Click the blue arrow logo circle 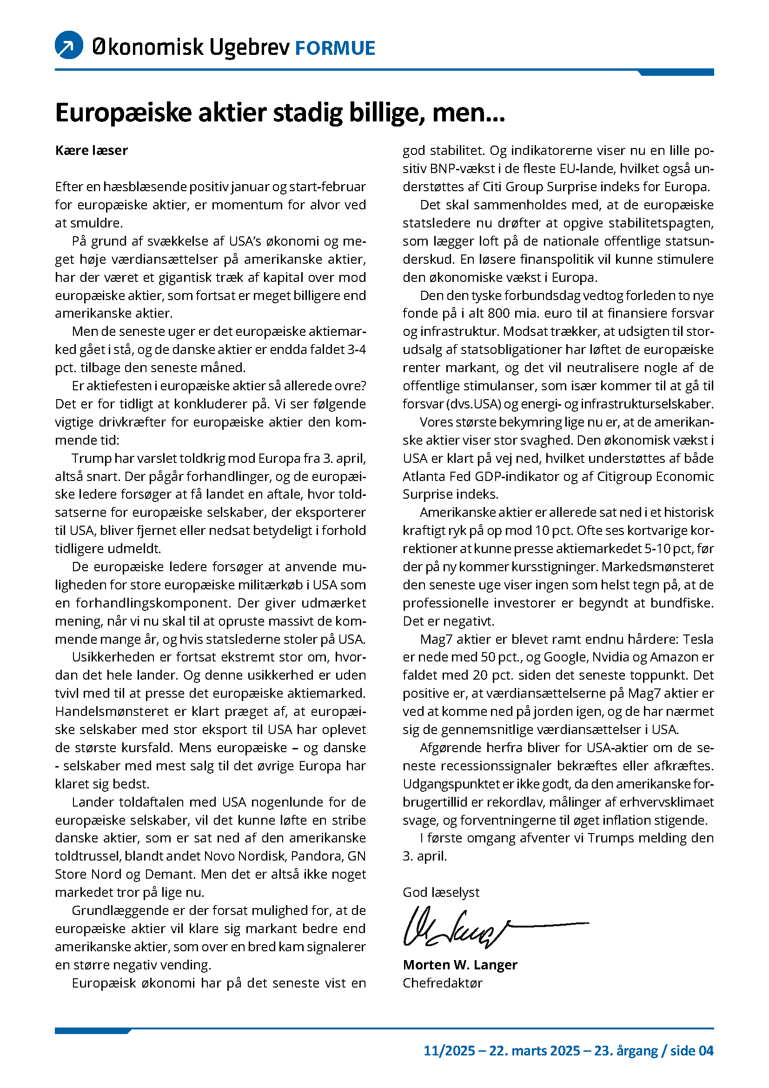click(69, 45)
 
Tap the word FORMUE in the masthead click(335, 48)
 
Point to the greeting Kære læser click(92, 150)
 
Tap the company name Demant click(171, 874)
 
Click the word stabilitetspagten click(661, 223)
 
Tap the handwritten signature click(473, 927)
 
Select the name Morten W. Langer click(460, 965)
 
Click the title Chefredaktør click(442, 983)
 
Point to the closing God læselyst click(441, 892)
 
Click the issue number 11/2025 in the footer click(449, 1051)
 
